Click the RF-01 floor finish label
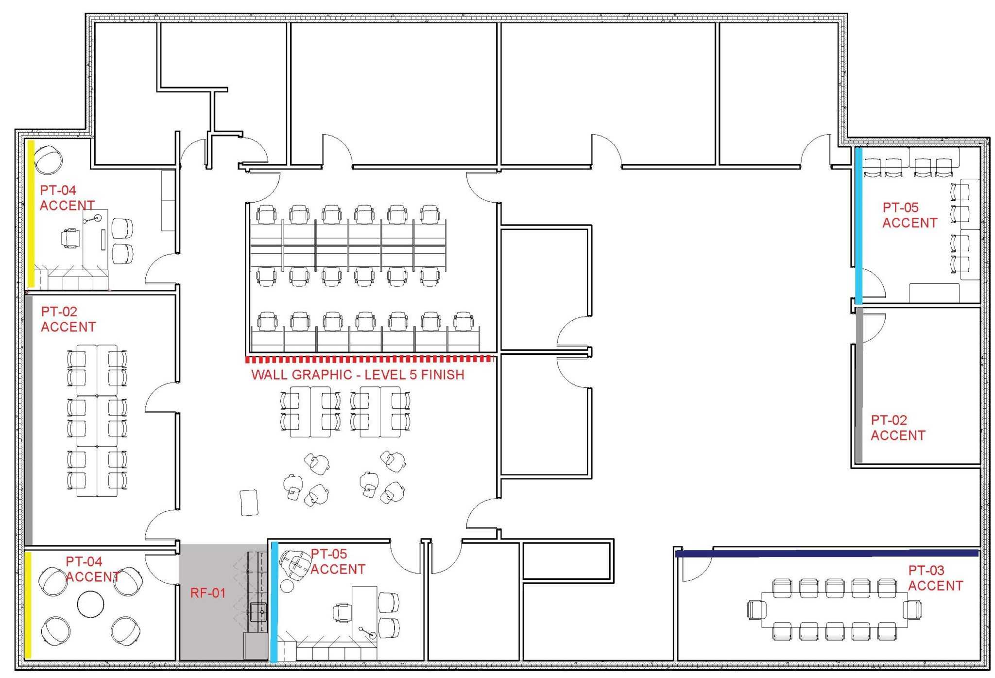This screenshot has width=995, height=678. click(x=208, y=593)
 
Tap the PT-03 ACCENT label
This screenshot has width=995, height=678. click(x=936, y=578)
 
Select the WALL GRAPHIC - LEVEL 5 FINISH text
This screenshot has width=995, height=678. click(x=358, y=375)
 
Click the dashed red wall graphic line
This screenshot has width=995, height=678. click(x=369, y=359)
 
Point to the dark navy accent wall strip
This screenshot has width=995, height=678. click(x=826, y=553)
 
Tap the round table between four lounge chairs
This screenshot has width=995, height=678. click(x=91, y=604)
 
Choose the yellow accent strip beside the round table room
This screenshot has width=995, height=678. click(x=28, y=605)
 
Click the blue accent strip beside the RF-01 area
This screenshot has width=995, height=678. click(x=274, y=602)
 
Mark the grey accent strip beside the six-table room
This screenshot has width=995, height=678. click(x=29, y=420)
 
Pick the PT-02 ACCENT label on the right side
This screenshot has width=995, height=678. click(x=898, y=428)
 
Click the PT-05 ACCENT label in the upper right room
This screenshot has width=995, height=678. click(x=910, y=215)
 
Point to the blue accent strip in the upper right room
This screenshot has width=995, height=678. click(x=858, y=226)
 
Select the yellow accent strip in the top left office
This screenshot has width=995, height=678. click(x=31, y=214)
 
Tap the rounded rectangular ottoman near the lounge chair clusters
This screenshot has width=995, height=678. click(x=249, y=503)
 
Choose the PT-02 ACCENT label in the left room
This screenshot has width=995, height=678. click(x=68, y=319)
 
